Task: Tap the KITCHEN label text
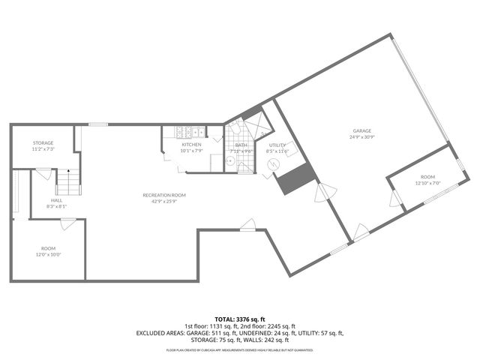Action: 190,144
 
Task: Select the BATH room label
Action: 241,145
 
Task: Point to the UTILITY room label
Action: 277,145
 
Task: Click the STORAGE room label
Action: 43,142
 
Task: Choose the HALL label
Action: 57,200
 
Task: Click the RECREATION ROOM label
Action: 164,195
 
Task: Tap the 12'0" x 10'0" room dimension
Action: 48,254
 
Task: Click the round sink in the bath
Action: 232,159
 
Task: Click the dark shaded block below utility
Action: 294,178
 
